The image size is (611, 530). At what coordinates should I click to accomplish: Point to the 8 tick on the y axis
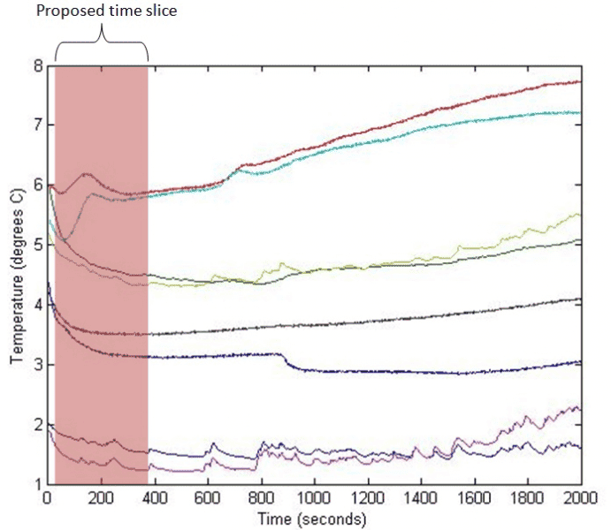(x=37, y=65)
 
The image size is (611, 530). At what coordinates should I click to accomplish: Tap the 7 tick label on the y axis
(x=37, y=125)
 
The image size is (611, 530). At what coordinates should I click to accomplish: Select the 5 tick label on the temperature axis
(x=37, y=245)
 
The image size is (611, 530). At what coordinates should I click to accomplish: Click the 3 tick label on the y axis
(x=37, y=365)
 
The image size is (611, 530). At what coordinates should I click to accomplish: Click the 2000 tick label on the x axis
(x=580, y=498)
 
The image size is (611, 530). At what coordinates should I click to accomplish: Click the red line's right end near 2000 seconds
(x=579, y=82)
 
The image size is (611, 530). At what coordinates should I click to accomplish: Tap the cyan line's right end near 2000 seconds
(x=579, y=112)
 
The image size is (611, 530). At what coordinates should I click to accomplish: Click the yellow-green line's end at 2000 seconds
(x=579, y=215)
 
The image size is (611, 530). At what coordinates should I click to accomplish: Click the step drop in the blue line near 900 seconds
(x=285, y=360)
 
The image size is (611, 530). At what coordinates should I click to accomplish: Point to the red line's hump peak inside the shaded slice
(x=87, y=174)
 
